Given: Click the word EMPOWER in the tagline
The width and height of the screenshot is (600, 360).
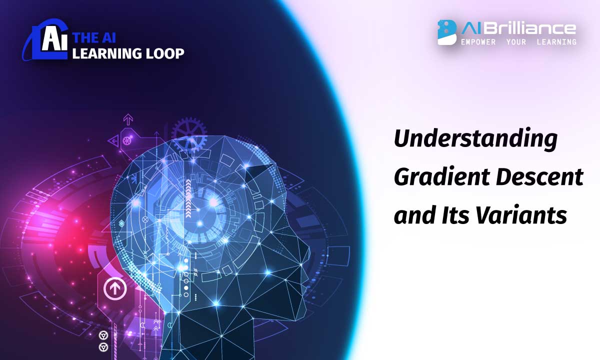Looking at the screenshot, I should (x=478, y=42).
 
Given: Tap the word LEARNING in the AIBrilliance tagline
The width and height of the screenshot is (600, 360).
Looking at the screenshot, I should (x=556, y=42).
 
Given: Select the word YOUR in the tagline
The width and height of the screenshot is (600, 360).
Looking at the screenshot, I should (x=516, y=42).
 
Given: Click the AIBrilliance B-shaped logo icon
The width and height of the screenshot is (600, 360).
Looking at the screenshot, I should (x=447, y=32).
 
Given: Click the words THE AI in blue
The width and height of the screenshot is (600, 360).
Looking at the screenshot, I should (x=91, y=37).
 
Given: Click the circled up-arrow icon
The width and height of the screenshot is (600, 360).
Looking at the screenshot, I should (x=115, y=288).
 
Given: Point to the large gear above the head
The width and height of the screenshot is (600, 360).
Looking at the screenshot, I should (x=189, y=132).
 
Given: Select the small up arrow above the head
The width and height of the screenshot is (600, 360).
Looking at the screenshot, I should (x=128, y=120).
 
